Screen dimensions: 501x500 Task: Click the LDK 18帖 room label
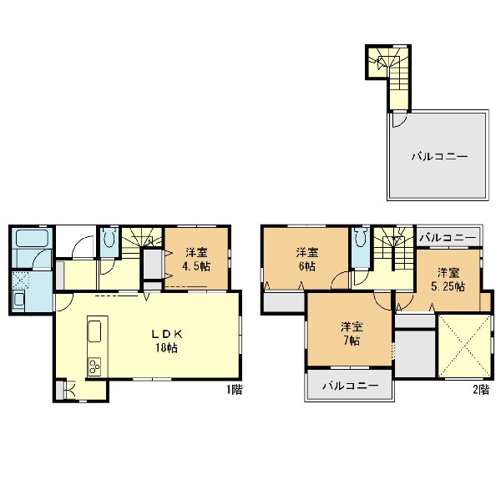click(x=167, y=341)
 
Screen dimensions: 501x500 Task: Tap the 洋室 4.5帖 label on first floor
click(x=196, y=260)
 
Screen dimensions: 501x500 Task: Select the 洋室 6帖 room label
click(x=307, y=260)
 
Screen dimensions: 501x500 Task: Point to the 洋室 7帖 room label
click(x=352, y=334)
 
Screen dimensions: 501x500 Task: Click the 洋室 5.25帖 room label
click(x=448, y=280)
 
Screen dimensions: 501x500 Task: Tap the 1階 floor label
click(x=235, y=390)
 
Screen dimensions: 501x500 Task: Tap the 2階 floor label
click(x=481, y=390)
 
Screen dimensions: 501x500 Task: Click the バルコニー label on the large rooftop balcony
click(x=440, y=157)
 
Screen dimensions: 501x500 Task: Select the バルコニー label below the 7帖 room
click(x=351, y=386)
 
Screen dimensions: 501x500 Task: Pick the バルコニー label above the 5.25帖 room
click(x=448, y=238)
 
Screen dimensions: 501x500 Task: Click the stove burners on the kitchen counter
click(x=94, y=366)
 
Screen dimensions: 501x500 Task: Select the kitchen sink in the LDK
click(x=94, y=331)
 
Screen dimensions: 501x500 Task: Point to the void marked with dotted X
click(x=464, y=346)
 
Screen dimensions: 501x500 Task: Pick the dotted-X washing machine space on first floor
click(x=20, y=280)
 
